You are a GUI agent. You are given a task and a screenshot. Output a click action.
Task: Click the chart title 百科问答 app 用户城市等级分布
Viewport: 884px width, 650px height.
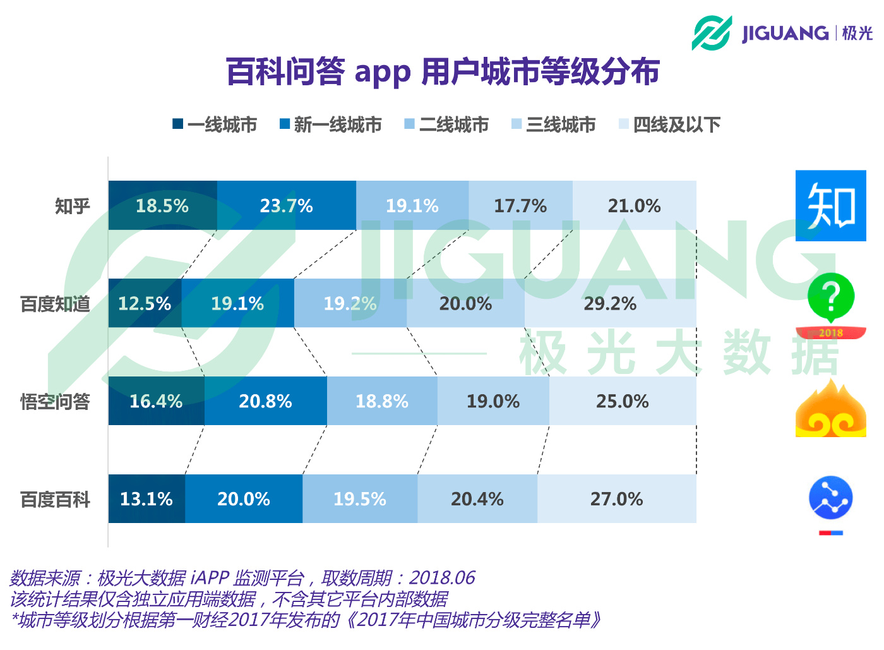click(x=443, y=71)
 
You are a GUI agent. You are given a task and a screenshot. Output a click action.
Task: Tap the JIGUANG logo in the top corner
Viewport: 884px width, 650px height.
click(x=782, y=33)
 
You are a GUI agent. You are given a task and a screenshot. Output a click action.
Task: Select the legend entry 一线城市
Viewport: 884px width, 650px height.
click(x=215, y=124)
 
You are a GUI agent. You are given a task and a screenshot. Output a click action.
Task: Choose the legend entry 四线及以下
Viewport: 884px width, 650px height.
click(x=670, y=124)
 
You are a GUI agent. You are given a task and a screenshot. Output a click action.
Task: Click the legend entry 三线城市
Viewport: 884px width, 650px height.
click(x=554, y=124)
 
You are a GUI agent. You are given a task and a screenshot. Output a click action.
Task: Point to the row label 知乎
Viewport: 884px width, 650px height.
click(x=72, y=206)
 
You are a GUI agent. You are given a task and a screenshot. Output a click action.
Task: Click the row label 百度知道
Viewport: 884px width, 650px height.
click(x=55, y=304)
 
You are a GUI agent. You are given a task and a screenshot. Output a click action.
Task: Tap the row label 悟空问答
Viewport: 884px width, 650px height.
click(x=55, y=401)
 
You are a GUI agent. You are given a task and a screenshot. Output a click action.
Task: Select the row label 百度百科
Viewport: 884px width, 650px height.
click(x=55, y=500)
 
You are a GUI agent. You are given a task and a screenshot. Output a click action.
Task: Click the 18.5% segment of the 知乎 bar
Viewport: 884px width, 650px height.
click(x=162, y=206)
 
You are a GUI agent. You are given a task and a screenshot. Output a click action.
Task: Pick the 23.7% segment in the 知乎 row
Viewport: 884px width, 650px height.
click(x=286, y=206)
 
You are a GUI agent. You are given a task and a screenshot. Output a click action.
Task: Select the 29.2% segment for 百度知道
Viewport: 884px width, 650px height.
click(x=610, y=304)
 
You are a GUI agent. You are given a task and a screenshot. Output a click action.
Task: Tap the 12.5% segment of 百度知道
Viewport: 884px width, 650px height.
click(x=145, y=304)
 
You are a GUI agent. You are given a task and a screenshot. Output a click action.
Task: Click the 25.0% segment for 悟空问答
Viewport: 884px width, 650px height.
click(x=623, y=401)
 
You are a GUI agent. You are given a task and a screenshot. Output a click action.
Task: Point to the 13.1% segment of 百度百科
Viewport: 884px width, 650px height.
click(x=146, y=499)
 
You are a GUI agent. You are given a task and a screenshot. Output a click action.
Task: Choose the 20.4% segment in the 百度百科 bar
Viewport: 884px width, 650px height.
click(x=477, y=499)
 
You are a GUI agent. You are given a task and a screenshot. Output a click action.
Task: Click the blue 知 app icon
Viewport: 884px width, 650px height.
click(x=830, y=205)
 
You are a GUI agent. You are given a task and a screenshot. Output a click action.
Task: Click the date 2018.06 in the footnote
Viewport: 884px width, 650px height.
click(x=442, y=578)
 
